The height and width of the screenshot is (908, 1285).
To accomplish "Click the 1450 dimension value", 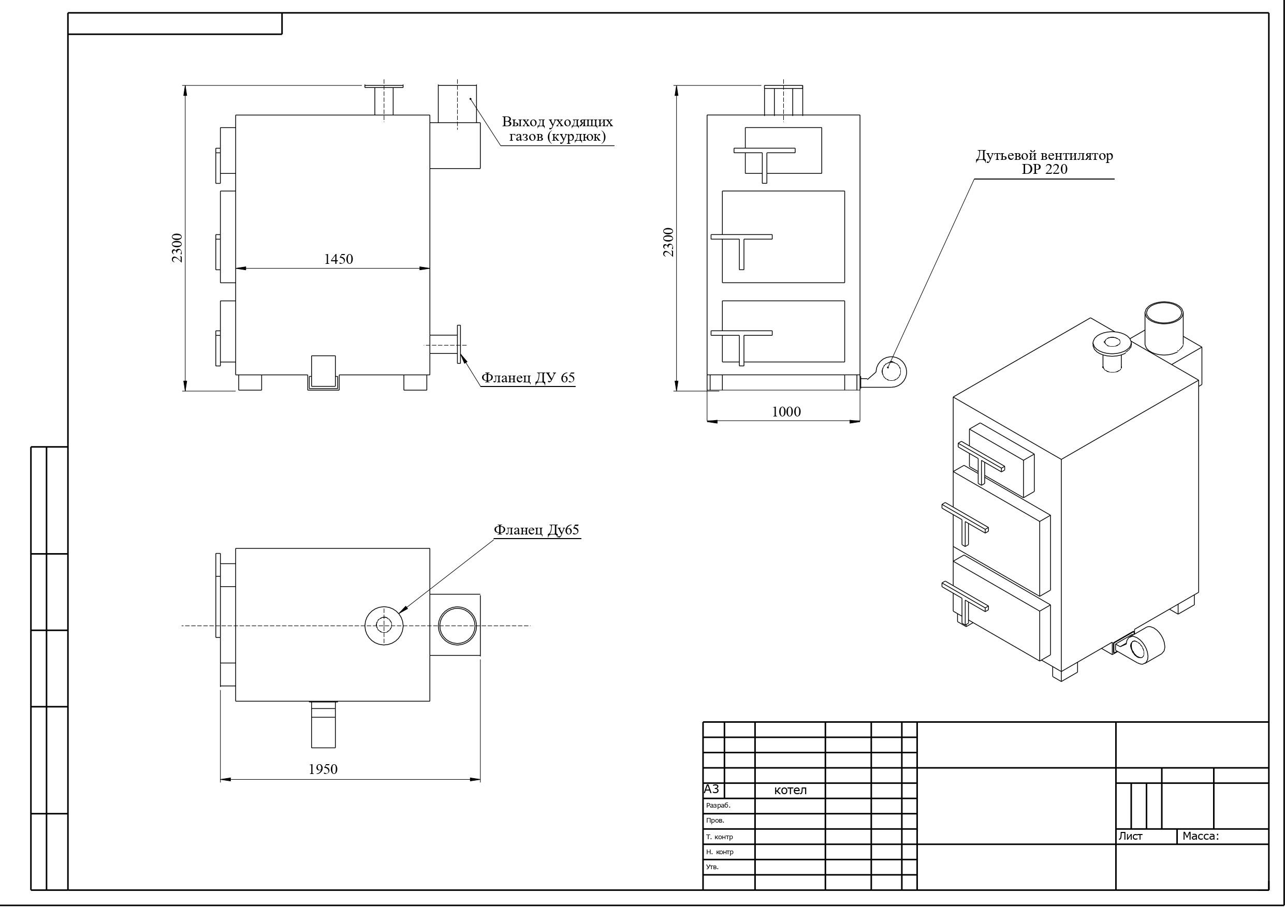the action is [339, 259].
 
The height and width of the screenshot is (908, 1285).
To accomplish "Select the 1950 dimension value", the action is [323, 769].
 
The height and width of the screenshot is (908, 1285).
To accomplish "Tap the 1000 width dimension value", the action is [786, 412].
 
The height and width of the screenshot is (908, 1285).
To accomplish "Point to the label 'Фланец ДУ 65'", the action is [528, 378].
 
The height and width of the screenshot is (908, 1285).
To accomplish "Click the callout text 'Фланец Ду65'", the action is [536, 530].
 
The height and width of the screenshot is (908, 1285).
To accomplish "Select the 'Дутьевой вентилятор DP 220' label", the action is [1044, 162].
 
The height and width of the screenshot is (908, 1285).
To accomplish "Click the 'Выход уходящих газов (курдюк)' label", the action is [558, 129].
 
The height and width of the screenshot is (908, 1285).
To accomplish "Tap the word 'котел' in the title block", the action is [790, 790].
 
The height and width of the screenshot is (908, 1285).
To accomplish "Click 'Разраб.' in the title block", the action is [718, 806].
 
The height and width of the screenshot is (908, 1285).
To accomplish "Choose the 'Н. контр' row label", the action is [720, 852].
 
